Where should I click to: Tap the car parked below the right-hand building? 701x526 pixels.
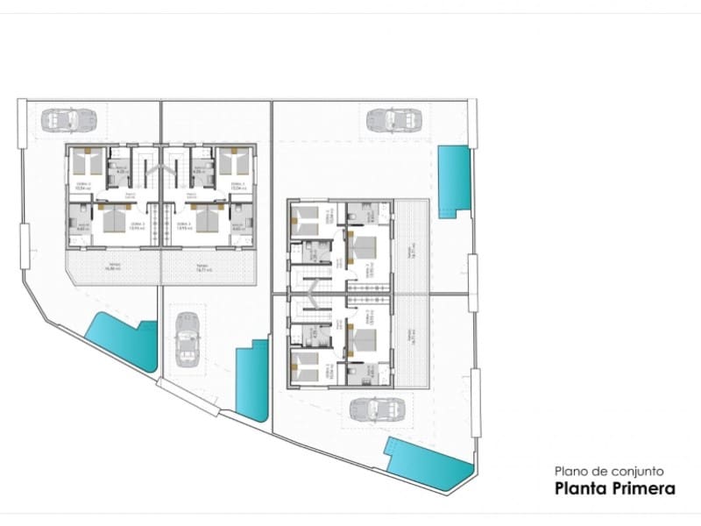click(x=379, y=408)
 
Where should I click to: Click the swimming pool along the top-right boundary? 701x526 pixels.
click(x=453, y=182)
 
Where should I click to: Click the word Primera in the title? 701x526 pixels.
click(x=644, y=488)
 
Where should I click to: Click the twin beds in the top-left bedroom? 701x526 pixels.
click(x=87, y=162)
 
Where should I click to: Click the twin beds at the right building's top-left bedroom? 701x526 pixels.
click(x=306, y=219)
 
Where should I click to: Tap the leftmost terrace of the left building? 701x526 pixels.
click(x=114, y=267)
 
